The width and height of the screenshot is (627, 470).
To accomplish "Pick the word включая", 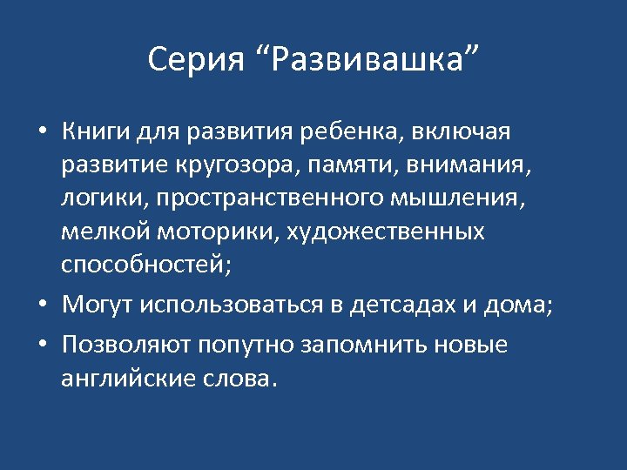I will [x=461, y=132].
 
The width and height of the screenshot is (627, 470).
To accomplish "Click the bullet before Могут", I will [x=42, y=305].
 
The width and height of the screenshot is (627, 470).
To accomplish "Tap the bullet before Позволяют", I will [x=42, y=346].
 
